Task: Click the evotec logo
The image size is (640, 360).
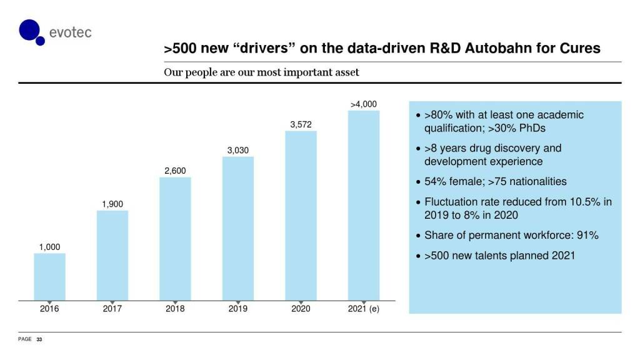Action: [x=55, y=31]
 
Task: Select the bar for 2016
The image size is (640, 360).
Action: [x=49, y=276]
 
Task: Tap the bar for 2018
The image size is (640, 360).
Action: [x=175, y=238]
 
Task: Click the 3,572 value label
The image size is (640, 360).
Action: [x=301, y=124]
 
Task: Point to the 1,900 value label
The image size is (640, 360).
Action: [x=112, y=204]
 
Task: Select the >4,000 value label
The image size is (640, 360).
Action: [x=363, y=104]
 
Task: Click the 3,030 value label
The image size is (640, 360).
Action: [x=237, y=150]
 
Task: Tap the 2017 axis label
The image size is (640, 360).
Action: [x=112, y=309]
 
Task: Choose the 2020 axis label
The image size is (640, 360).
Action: [x=301, y=309]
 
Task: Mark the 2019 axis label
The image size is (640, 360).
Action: [x=237, y=309]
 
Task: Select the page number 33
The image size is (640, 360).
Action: [x=39, y=339]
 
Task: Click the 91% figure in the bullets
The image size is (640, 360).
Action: [x=587, y=236]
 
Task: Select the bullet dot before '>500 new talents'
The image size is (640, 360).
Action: [x=417, y=257]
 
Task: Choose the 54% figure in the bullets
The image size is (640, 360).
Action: [x=435, y=182]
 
